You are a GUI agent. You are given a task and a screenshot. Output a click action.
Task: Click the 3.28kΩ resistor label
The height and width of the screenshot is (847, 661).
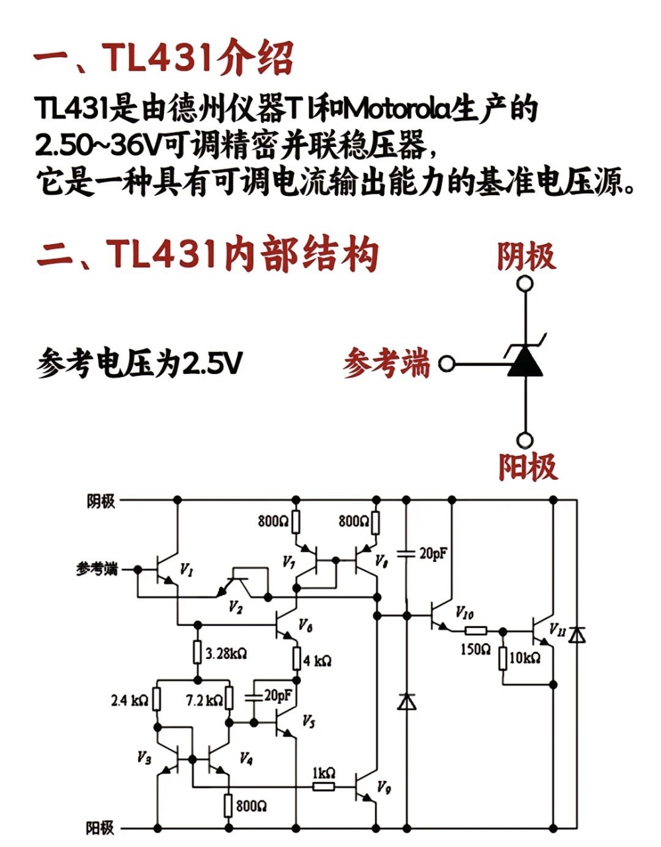click(x=226, y=653)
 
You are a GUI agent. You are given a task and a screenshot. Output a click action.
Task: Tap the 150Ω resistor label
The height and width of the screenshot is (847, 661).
click(x=476, y=649)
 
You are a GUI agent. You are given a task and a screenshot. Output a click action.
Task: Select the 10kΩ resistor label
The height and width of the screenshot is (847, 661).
click(x=525, y=658)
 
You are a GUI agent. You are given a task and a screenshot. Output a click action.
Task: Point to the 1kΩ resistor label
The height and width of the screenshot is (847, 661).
click(x=324, y=773)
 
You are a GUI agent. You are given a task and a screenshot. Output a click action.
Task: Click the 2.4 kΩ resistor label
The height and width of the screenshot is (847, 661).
click(x=129, y=699)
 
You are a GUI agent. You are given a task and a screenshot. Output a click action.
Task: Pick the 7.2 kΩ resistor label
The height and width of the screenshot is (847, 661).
click(x=204, y=699)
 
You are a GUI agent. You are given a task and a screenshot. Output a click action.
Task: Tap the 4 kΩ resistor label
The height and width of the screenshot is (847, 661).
click(x=318, y=660)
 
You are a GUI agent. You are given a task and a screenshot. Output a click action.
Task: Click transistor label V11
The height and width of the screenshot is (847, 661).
click(x=558, y=630)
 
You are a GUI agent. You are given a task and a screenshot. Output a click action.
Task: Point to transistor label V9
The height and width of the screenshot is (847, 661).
click(x=384, y=787)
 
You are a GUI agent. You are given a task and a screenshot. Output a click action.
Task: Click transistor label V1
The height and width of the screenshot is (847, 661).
click(x=187, y=570)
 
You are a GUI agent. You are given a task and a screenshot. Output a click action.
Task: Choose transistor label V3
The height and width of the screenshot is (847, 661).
click(x=144, y=757)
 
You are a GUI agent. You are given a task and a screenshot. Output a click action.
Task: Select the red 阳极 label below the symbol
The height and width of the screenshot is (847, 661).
click(x=527, y=466)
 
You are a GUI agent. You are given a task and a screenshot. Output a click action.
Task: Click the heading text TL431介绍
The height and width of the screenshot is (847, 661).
click(x=197, y=58)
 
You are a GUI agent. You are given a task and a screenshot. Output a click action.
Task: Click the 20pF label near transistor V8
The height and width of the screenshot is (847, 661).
click(x=433, y=553)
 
